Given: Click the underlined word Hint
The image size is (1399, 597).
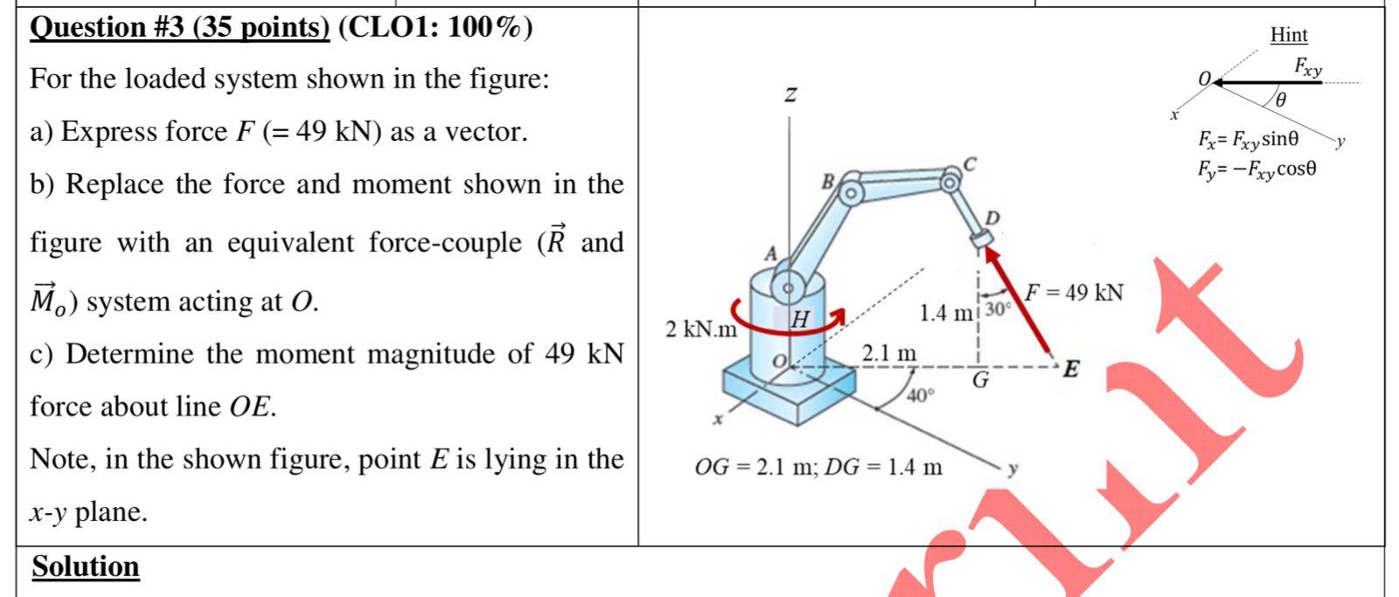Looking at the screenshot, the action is click(x=1289, y=35).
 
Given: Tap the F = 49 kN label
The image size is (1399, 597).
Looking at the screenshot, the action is click(x=1074, y=293).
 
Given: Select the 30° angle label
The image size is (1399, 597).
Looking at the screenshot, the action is click(x=998, y=309).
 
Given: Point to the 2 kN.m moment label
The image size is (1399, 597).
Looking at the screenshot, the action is click(x=700, y=330).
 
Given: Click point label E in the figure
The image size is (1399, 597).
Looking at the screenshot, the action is click(x=1069, y=369).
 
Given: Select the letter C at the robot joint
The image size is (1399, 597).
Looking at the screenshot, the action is click(x=968, y=163).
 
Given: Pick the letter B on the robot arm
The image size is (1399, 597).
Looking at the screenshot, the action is click(x=826, y=183).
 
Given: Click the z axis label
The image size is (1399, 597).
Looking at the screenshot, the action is click(x=790, y=94).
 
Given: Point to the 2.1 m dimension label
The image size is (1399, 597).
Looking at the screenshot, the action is click(x=889, y=353).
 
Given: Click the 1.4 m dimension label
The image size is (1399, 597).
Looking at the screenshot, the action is click(x=946, y=313).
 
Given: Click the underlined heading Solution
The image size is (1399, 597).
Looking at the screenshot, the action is click(x=86, y=567).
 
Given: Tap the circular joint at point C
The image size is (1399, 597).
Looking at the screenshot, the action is click(x=949, y=181).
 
